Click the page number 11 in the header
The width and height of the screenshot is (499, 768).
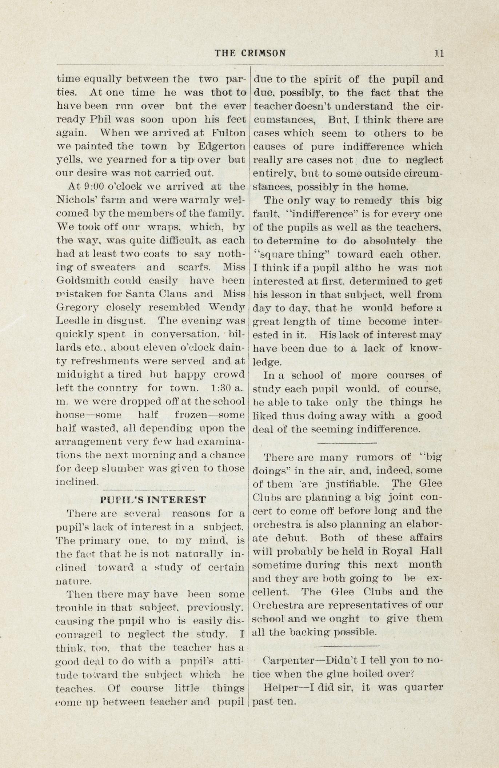(x=439, y=53)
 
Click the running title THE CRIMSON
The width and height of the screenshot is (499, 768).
(x=250, y=53)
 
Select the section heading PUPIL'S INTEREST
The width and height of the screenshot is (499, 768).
(x=153, y=500)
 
